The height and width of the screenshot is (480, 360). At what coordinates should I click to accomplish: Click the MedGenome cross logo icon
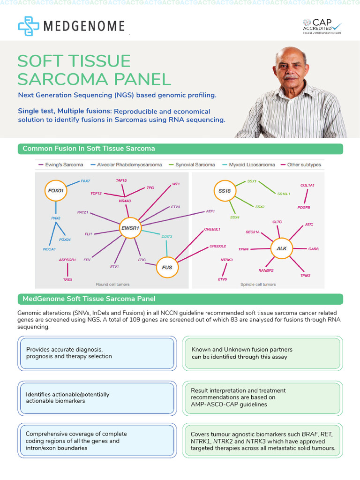tap(28, 26)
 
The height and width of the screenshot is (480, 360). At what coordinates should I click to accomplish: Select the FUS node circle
tap(167, 267)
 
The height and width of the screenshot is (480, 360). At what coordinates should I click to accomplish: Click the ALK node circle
tap(282, 248)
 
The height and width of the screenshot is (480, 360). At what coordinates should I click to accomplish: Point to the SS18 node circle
tap(225, 191)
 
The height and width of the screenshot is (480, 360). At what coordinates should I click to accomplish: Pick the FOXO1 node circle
tap(56, 191)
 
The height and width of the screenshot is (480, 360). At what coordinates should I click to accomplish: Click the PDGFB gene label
tap(303, 207)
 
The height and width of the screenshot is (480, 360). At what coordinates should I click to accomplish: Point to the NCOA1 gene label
tap(49, 249)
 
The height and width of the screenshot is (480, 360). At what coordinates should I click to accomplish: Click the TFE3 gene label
tap(67, 279)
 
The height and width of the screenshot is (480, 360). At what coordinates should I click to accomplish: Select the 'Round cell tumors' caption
tap(112, 284)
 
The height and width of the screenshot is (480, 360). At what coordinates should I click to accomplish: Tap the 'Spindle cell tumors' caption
tap(258, 284)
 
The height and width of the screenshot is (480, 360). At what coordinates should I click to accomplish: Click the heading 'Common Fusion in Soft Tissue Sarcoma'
tap(89, 149)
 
